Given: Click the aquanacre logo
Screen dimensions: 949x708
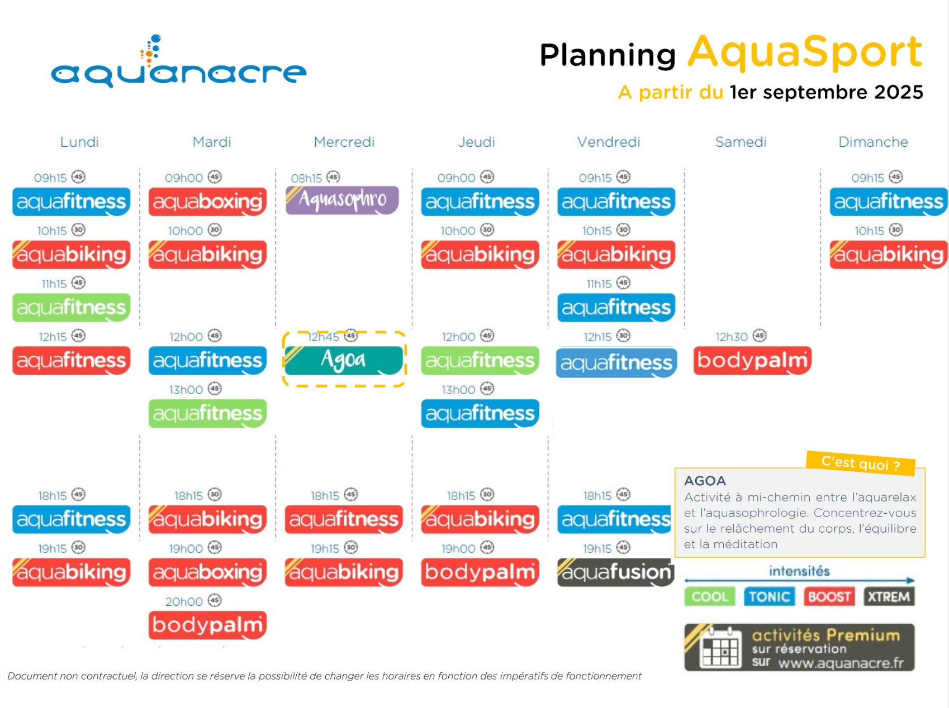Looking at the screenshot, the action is (x=178, y=62).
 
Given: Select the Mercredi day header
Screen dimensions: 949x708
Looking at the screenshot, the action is (x=344, y=142).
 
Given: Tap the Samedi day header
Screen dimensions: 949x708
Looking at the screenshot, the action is (x=741, y=142).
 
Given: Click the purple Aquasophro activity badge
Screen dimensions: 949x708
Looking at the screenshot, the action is (x=342, y=200).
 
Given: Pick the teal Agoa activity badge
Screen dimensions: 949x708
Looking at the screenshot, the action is (x=344, y=360).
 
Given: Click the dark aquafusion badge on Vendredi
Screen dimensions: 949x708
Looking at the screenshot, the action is (x=616, y=572).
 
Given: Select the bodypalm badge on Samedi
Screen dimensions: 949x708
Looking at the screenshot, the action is (x=752, y=361).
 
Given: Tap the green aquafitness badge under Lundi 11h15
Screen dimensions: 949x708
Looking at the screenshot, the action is (x=72, y=308).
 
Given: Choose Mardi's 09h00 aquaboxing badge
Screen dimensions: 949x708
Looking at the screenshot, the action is (x=207, y=202).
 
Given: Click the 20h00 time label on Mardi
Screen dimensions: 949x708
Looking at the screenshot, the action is (x=184, y=601).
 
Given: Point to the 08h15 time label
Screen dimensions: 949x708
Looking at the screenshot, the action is (x=306, y=178).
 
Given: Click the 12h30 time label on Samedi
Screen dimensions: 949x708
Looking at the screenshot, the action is (x=732, y=337).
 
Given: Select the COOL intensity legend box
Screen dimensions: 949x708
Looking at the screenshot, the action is (x=710, y=597).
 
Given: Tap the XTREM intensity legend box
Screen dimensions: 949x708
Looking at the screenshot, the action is (x=889, y=597).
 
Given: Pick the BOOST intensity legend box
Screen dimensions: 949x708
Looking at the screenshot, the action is (x=829, y=597).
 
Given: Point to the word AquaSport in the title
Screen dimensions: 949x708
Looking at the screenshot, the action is (x=805, y=52).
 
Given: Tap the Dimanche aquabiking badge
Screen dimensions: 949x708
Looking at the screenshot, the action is (x=889, y=255).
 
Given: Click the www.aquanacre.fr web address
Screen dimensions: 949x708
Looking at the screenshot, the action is (x=841, y=663).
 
